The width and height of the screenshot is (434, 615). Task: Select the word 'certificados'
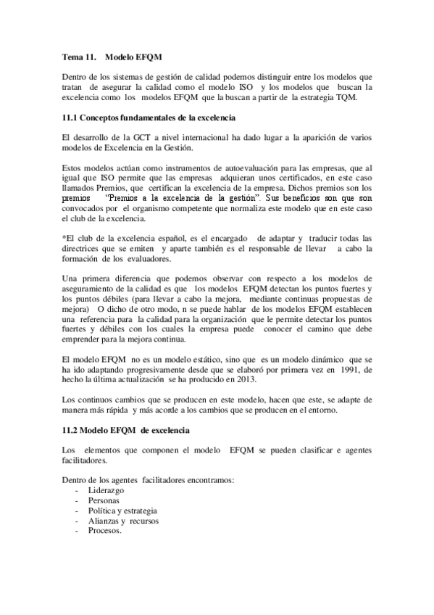(x=302, y=177)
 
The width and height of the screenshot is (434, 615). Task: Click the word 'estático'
(x=214, y=359)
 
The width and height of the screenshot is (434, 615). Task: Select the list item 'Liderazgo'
(x=105, y=490)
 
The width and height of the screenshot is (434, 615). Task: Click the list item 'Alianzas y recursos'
(x=122, y=521)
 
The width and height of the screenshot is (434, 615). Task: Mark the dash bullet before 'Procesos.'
(x=77, y=531)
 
